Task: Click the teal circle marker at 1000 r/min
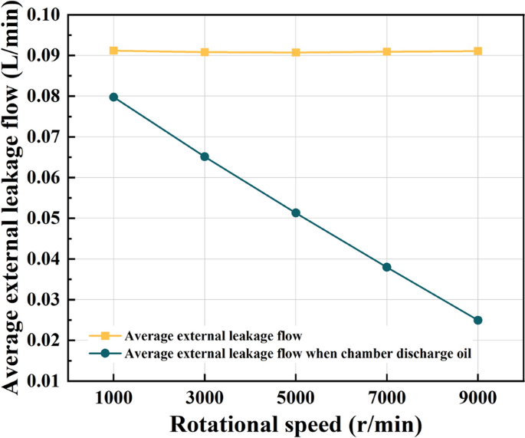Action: coord(113,97)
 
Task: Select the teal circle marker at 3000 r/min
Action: coord(205,156)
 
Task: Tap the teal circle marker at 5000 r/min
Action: coord(296,212)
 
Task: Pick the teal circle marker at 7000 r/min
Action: coord(387,267)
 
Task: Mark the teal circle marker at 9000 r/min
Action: coord(477,320)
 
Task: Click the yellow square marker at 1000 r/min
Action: coord(113,51)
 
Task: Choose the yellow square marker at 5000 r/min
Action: coord(296,52)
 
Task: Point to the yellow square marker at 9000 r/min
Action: coord(477,51)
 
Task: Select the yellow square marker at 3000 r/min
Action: coord(205,52)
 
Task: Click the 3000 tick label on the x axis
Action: coord(205,398)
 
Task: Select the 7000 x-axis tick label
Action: coord(387,398)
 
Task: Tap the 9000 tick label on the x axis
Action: coord(477,398)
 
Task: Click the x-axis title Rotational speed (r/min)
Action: coord(295,423)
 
